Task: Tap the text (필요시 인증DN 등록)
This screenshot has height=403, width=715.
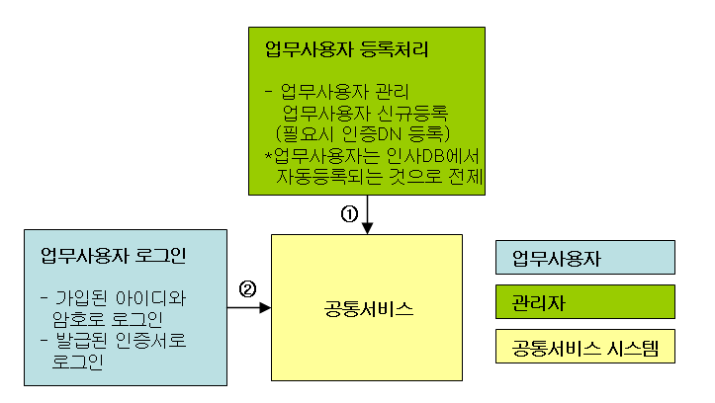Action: tap(363, 132)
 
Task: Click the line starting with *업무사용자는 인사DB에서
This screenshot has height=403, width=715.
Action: tap(372, 156)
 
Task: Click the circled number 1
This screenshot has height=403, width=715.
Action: tap(347, 214)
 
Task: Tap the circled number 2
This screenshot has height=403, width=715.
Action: tap(247, 289)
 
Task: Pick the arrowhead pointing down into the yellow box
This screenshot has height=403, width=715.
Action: tap(367, 228)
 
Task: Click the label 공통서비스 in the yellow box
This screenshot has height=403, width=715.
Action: tap(367, 308)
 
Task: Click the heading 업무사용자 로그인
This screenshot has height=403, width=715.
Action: tap(114, 257)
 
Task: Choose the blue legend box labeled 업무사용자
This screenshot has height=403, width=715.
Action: tap(584, 258)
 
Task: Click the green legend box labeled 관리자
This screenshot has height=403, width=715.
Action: tap(584, 302)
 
